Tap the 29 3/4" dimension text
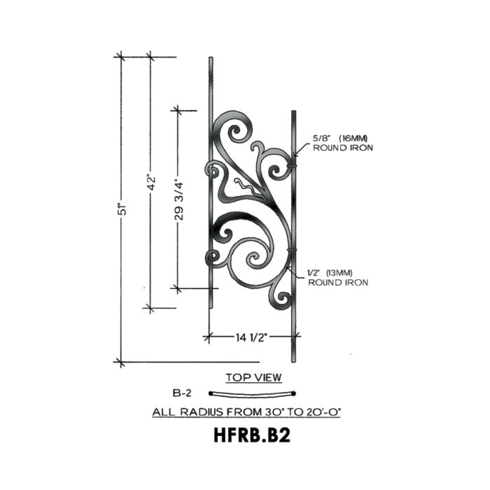(178, 199)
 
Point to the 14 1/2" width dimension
(251, 337)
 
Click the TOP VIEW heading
(253, 377)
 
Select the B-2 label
(181, 393)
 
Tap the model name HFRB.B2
(252, 435)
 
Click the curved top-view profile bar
(252, 395)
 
